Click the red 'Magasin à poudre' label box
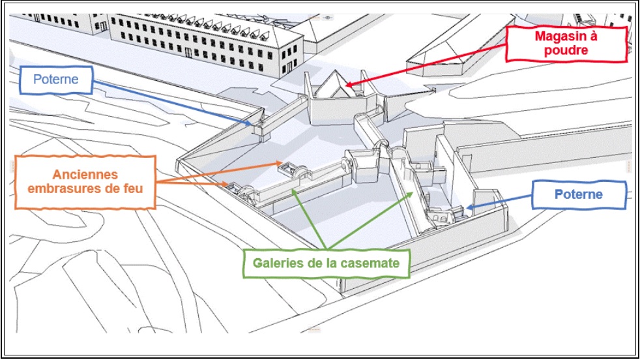click(566, 44)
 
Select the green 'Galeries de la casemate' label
click(326, 263)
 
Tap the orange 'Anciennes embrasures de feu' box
click(85, 182)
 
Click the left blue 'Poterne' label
click(56, 80)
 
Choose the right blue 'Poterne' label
click(579, 194)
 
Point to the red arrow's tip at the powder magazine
click(345, 86)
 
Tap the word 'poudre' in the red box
click(566, 51)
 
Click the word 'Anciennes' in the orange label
click(85, 175)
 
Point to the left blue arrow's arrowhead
click(250, 123)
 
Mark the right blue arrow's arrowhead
click(469, 207)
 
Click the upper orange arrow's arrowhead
click(280, 164)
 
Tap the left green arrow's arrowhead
click(293, 192)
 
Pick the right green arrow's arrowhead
click(411, 194)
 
